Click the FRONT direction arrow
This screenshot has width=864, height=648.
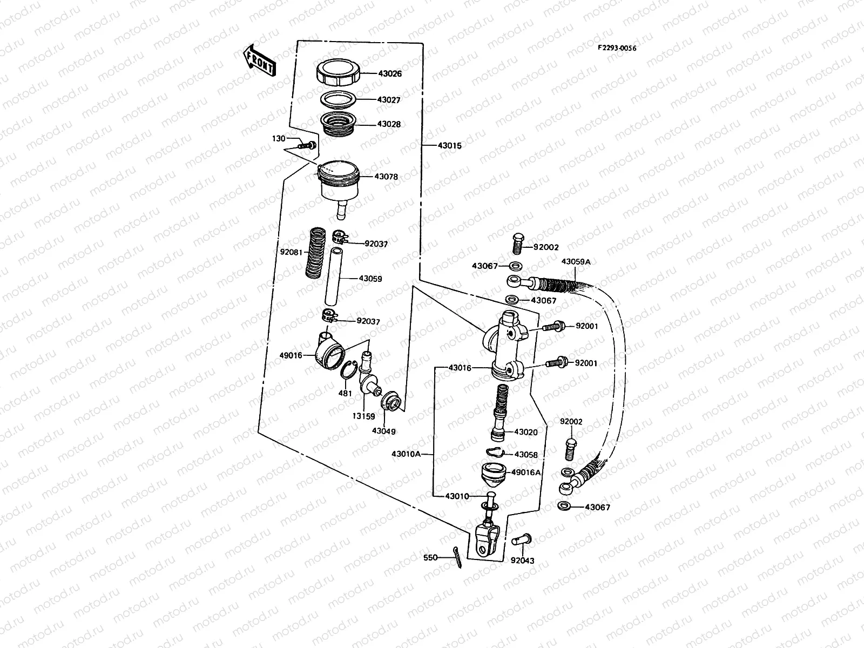pyautogui.click(x=260, y=60)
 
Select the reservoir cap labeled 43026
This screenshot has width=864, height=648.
pyautogui.click(x=336, y=72)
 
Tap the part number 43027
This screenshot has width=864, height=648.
pyautogui.click(x=389, y=99)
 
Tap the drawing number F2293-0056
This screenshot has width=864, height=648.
pyautogui.click(x=616, y=48)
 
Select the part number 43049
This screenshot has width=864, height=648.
pyautogui.click(x=384, y=431)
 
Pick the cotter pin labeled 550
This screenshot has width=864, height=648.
pyautogui.click(x=457, y=561)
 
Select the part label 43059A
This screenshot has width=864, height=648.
pyautogui.click(x=576, y=261)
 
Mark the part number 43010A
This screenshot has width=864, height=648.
pyautogui.click(x=406, y=454)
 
